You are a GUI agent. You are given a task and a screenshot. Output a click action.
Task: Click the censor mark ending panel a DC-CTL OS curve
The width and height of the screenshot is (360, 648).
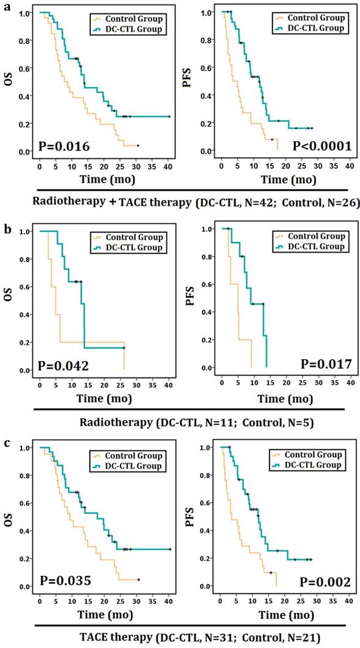coord(169,117)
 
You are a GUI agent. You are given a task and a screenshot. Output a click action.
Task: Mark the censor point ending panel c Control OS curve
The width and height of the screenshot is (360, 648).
coord(139,579)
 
